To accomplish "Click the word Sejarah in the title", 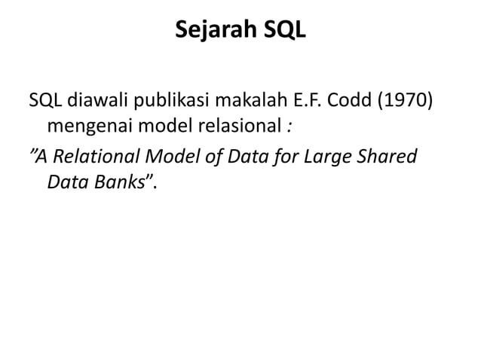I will pyautogui.click(x=211, y=32).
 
